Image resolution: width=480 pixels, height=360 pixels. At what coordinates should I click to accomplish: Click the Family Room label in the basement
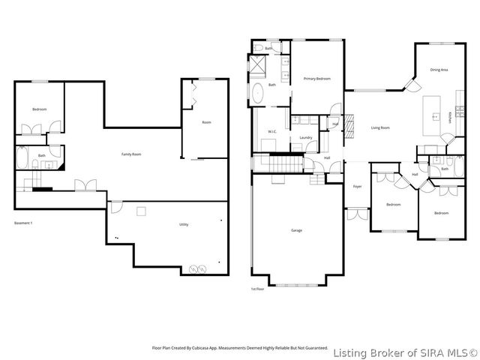click(132, 154)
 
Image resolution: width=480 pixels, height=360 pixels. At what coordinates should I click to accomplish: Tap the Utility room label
click(184, 225)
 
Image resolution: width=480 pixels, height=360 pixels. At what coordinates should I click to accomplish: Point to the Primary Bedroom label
click(318, 79)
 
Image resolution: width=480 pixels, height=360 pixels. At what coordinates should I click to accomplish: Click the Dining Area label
click(439, 70)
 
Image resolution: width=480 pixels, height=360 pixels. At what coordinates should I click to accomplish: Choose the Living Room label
click(380, 127)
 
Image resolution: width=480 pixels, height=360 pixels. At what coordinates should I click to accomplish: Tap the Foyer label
click(358, 186)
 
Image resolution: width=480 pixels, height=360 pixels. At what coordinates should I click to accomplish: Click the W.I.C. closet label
click(273, 132)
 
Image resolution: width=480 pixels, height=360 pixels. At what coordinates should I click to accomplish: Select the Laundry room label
click(305, 137)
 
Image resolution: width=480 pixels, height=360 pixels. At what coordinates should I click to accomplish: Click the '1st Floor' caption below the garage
click(259, 289)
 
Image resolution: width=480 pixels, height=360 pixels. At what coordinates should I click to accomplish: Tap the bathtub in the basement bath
click(22, 160)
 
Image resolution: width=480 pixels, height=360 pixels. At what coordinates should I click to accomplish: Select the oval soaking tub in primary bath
click(259, 94)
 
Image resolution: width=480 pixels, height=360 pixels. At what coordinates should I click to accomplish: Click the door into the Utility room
click(114, 207)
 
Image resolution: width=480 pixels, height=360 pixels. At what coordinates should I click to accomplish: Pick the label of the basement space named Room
click(206, 122)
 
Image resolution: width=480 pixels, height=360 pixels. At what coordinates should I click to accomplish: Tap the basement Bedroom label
click(39, 110)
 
